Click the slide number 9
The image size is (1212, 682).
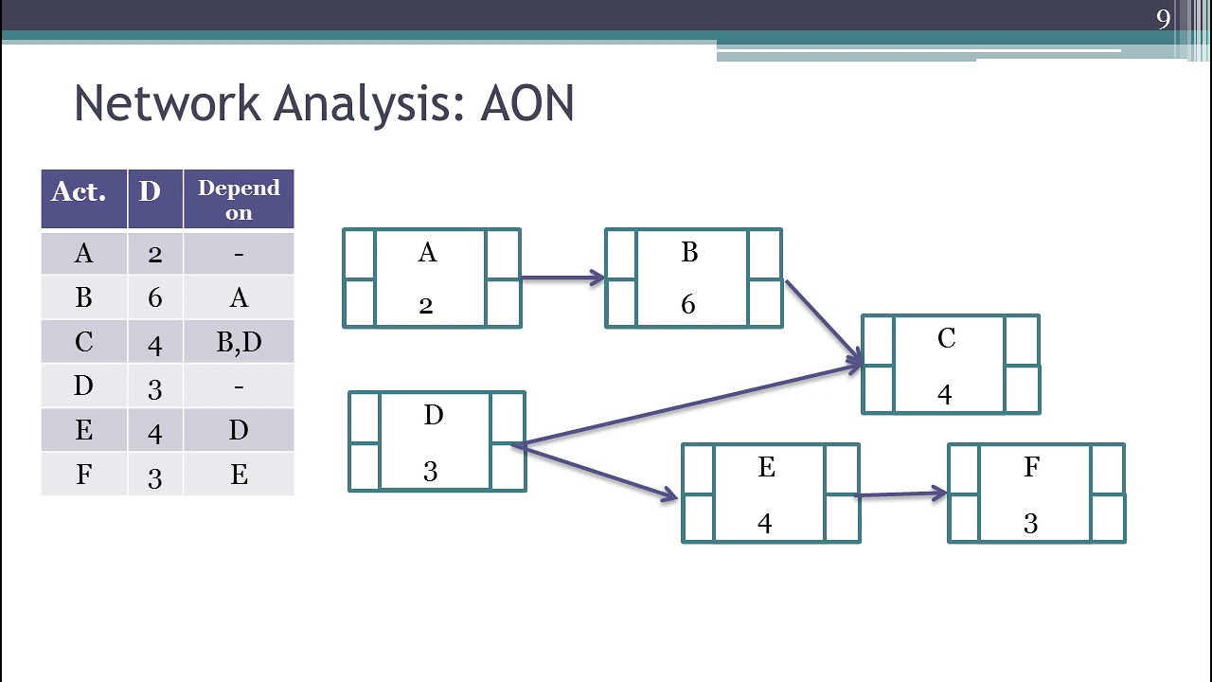(1163, 19)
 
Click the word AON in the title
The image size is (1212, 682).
(526, 103)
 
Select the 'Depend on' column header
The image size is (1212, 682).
(239, 199)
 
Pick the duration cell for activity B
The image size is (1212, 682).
(154, 298)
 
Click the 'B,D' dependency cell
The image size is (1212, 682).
(239, 342)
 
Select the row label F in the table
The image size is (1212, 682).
(83, 475)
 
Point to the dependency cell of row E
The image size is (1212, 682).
(239, 431)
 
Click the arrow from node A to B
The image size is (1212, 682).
(562, 278)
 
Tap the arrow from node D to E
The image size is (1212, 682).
(597, 471)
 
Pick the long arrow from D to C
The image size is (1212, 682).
(691, 404)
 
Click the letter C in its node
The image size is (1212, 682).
(946, 339)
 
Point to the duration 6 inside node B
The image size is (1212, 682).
(688, 304)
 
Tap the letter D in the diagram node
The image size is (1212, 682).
(433, 416)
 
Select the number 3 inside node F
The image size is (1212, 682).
(1030, 524)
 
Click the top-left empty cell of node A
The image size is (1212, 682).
(359, 254)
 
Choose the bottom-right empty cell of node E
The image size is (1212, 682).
(842, 518)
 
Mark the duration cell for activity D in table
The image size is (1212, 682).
(154, 386)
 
